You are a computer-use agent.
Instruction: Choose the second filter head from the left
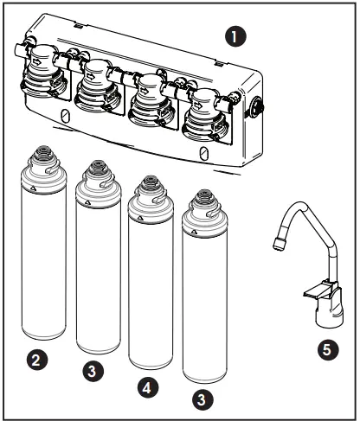tap(97, 85)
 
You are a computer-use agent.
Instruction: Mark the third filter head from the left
tap(151, 98)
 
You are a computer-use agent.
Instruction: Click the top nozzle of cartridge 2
tap(42, 156)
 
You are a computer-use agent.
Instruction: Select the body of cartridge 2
tap(42, 268)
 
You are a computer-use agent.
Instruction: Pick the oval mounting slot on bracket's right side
tap(202, 152)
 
